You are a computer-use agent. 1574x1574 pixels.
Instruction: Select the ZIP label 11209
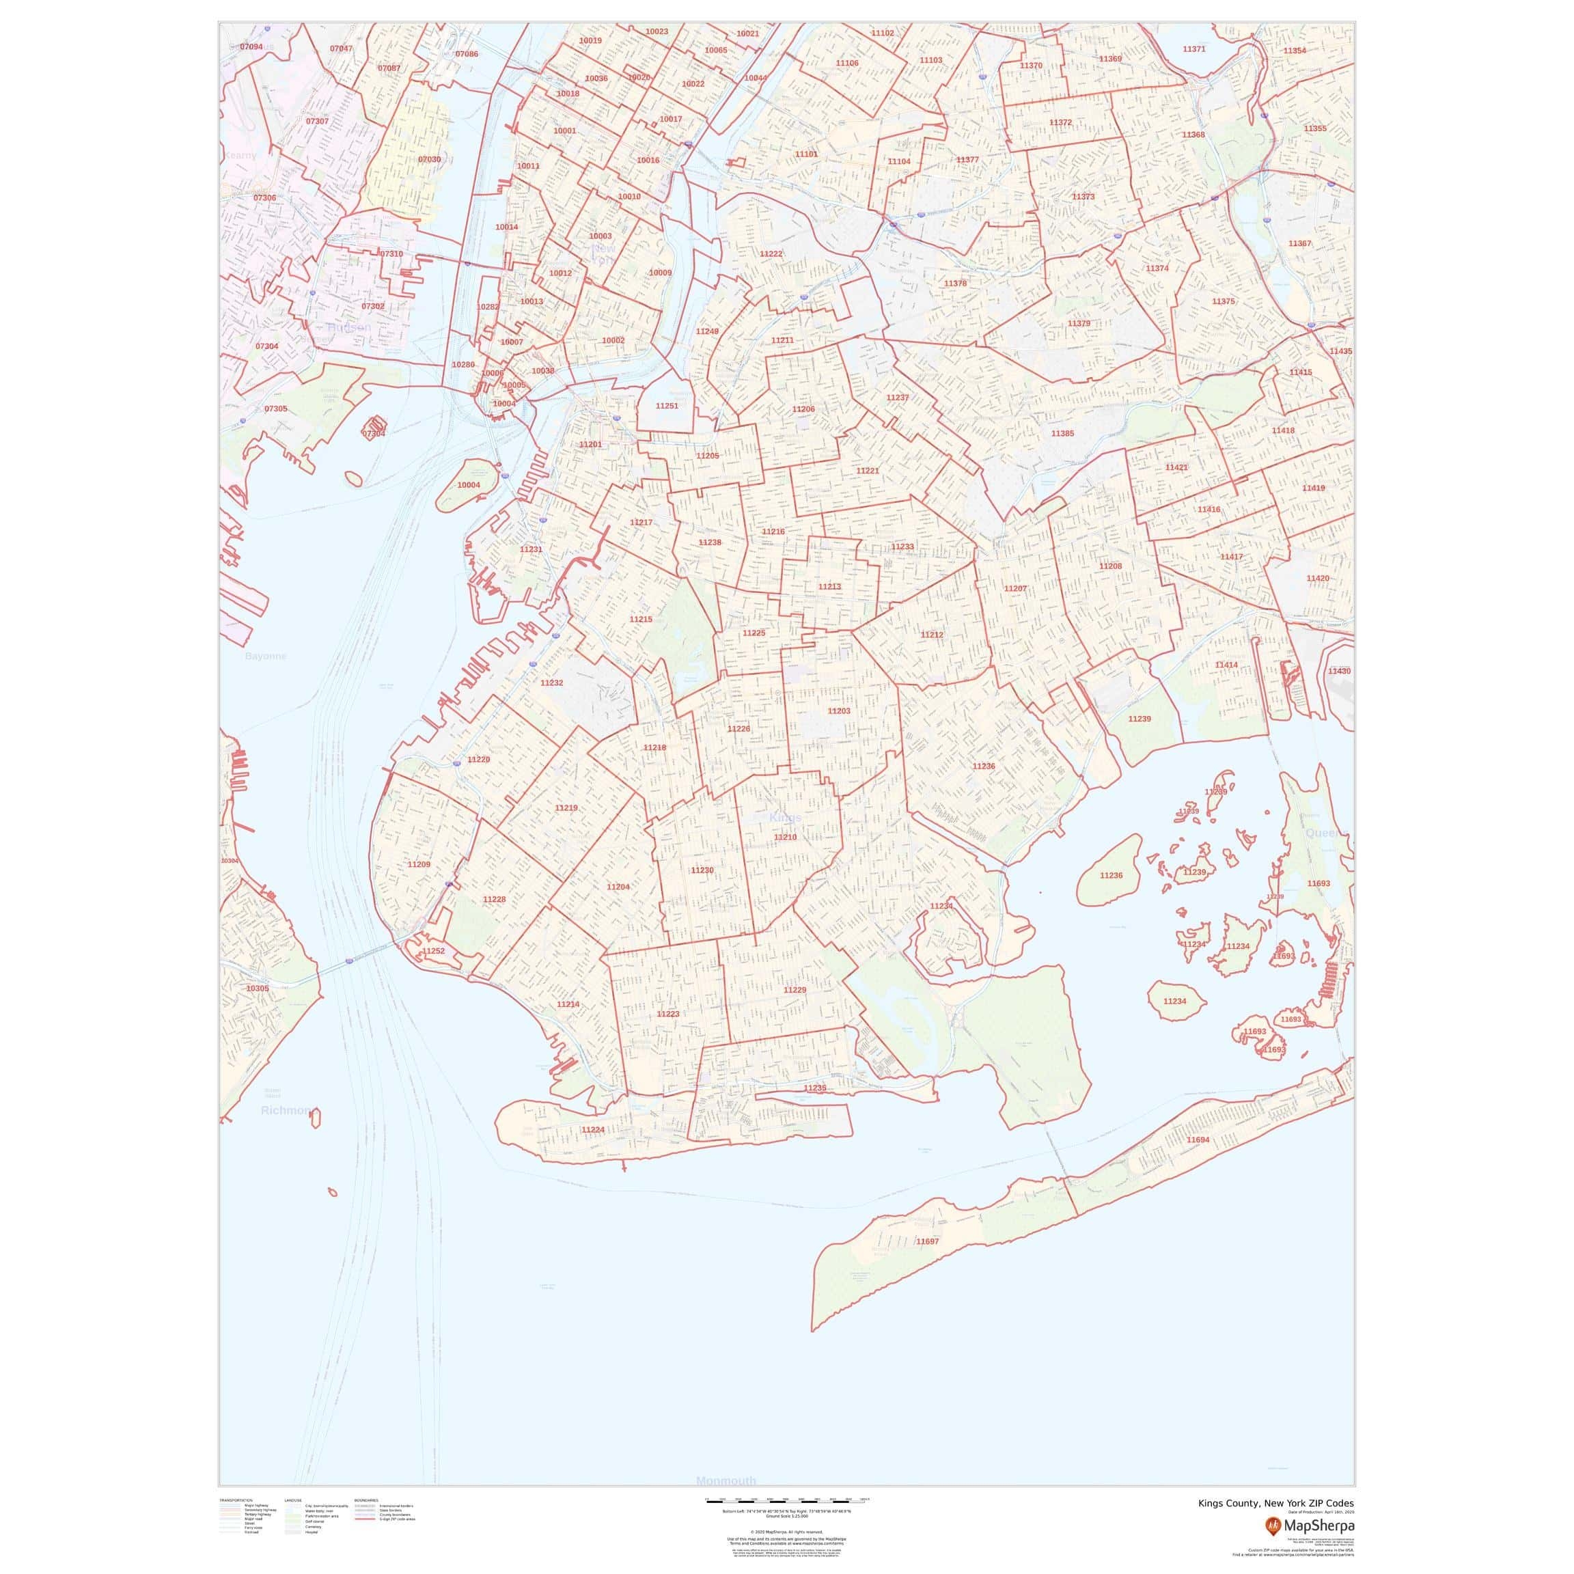[x=419, y=864]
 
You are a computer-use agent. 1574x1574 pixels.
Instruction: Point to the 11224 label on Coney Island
[x=592, y=1130]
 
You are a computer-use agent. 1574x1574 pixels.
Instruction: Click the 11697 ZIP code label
[x=927, y=1241]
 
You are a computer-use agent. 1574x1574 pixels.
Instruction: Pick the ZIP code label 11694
[x=1198, y=1140]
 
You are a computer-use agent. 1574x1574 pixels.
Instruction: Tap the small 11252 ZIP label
[x=433, y=951]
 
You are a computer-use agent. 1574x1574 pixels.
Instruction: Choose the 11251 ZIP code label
[x=667, y=406]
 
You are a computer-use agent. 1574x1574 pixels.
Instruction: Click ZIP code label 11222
[x=771, y=254]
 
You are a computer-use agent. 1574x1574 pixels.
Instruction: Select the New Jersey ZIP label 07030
[x=429, y=160]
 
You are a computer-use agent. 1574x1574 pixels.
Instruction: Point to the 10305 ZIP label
[x=257, y=989]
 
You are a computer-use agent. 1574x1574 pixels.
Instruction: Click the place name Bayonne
[x=266, y=656]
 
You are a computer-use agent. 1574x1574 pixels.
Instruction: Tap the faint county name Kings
[x=786, y=817]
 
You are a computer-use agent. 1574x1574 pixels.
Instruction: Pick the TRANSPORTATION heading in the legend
[x=236, y=1500]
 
